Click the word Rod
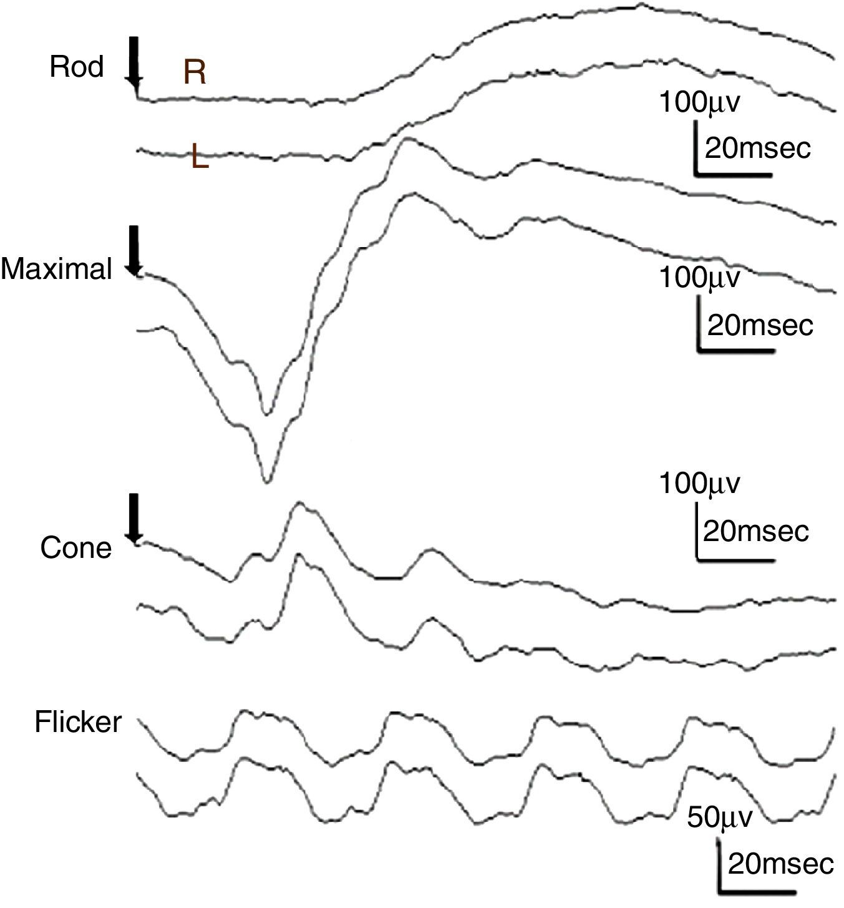click(x=76, y=67)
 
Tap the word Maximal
click(x=56, y=270)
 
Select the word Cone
click(x=75, y=548)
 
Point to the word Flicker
click(x=78, y=722)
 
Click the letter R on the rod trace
click(x=194, y=74)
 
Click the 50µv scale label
click(x=720, y=817)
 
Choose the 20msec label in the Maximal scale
click(x=760, y=325)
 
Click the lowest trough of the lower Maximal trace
click(x=267, y=481)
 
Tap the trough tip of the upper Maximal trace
click(x=267, y=413)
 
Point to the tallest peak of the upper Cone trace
click(x=299, y=503)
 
